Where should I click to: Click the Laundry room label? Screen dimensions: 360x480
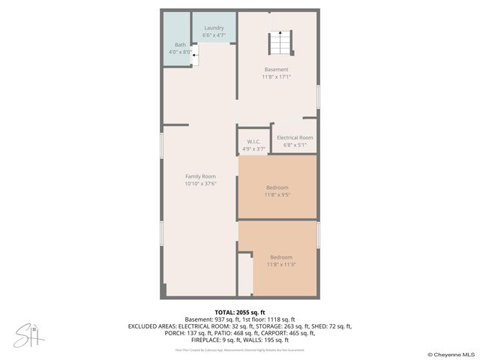click(x=214, y=28)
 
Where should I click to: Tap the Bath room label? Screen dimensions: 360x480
click(x=180, y=45)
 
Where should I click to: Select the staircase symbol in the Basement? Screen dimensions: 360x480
click(x=280, y=43)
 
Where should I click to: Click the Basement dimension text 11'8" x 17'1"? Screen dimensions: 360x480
click(x=276, y=76)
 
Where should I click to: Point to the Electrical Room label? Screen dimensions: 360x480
click(x=295, y=138)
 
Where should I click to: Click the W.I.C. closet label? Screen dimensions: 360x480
click(x=253, y=142)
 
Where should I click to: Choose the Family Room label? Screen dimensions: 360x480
click(x=200, y=176)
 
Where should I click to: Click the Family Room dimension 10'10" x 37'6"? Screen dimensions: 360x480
click(x=200, y=184)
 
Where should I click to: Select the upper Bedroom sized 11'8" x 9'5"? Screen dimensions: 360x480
click(x=277, y=187)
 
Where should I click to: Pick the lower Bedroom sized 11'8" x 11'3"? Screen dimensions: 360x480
click(x=281, y=257)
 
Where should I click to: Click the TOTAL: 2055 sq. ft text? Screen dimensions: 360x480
click(x=240, y=312)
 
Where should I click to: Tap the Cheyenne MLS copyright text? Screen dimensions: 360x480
click(x=451, y=354)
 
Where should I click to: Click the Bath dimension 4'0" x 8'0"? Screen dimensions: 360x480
click(x=179, y=52)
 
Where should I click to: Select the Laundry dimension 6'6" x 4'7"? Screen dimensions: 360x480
click(x=214, y=35)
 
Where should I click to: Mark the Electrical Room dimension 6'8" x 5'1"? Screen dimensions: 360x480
click(x=295, y=145)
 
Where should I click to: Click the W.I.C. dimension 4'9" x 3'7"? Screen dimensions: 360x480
click(x=253, y=149)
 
